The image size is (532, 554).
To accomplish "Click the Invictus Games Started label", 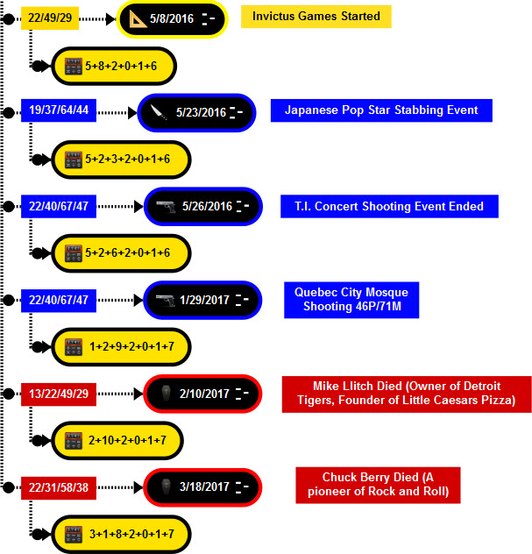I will point(316,16).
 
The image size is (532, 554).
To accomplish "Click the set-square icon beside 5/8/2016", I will point(140,18).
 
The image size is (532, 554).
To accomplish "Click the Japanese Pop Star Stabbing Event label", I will point(381,110).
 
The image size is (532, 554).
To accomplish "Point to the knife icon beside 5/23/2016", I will point(157,112).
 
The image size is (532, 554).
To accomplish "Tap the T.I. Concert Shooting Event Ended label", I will point(388,206).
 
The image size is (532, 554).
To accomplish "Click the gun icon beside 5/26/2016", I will point(164,206).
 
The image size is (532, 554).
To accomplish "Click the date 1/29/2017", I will point(204,300).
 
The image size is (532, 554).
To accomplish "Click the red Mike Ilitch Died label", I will point(408,394).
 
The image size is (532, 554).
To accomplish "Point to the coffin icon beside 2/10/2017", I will point(164,394).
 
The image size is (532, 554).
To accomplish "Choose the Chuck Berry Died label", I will point(379,485).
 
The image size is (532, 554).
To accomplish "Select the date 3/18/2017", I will point(204,487).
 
